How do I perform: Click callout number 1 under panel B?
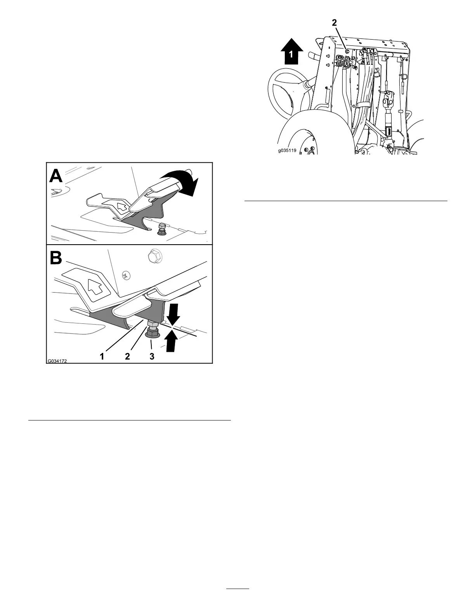point(102,356)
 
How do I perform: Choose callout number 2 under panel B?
point(127,356)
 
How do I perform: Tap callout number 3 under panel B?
point(152,356)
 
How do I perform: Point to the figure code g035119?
point(288,151)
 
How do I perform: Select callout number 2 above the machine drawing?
point(334,23)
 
